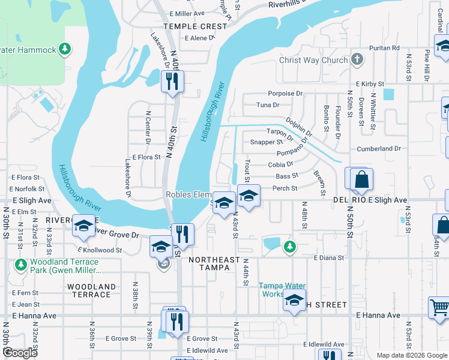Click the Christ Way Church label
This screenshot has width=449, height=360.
(x=313, y=60)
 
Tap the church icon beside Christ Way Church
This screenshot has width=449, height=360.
(x=357, y=59)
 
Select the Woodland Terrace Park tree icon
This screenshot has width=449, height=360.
(x=21, y=264)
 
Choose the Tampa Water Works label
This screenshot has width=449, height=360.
(x=282, y=290)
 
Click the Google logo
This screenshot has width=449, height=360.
(x=20, y=352)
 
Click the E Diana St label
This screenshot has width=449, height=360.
(x=329, y=257)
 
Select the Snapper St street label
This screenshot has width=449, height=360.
(x=267, y=142)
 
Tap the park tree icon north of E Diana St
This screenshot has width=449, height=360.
(x=290, y=246)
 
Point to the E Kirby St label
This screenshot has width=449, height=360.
(x=370, y=85)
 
